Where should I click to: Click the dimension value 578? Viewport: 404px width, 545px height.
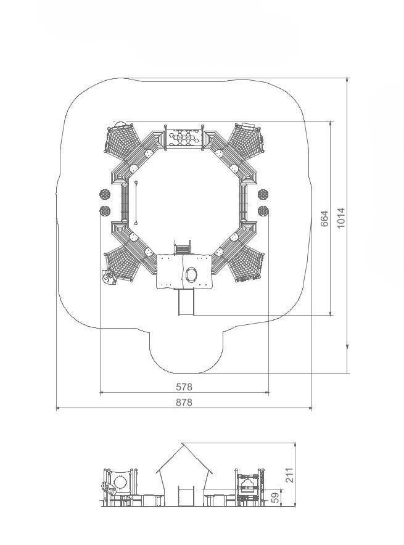coord(184,387)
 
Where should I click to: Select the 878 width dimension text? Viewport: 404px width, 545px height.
coord(184,402)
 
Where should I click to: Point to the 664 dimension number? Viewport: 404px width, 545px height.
coord(324,219)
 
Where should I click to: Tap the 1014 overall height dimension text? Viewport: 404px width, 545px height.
coord(341,218)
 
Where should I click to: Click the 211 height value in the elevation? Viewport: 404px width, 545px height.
coord(290,475)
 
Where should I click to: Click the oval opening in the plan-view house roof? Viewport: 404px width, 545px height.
coord(192,274)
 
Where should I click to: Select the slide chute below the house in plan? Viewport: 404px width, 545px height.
coord(186,302)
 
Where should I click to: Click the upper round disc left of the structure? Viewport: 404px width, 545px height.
coord(105,194)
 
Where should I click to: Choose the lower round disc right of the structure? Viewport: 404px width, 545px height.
coord(263,210)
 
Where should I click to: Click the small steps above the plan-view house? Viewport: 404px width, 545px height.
coord(183,247)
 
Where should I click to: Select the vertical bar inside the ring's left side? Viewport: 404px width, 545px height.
coord(136,202)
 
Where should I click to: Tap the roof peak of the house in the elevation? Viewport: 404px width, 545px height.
coord(182,443)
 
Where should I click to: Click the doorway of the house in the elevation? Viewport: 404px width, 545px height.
coord(186,496)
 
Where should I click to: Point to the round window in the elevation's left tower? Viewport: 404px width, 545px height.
coord(120,483)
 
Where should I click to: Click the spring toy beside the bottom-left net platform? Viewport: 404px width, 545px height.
coord(109,277)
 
